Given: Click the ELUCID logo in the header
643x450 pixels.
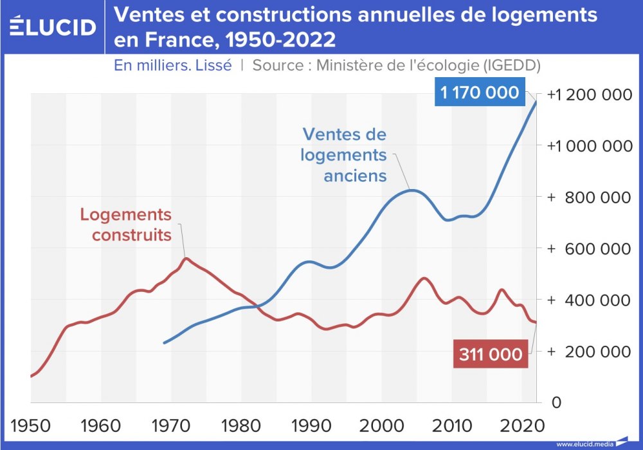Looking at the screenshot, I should coord(53,26).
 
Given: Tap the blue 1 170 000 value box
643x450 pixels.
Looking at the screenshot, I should coord(479,93).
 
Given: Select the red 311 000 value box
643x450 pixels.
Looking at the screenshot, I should coord(490,354).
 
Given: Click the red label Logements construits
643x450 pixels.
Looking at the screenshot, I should coord(126,224).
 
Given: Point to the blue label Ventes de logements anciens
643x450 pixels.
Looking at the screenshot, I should coord(345,155).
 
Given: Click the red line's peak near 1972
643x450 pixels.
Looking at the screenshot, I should coord(186,258).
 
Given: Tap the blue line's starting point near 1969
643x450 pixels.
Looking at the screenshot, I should coord(164,343).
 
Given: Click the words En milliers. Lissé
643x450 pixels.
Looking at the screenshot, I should coord(172,66).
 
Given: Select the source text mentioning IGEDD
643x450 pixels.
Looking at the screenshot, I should coord(395,66).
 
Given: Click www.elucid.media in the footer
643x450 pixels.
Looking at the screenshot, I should coord(584,444).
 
